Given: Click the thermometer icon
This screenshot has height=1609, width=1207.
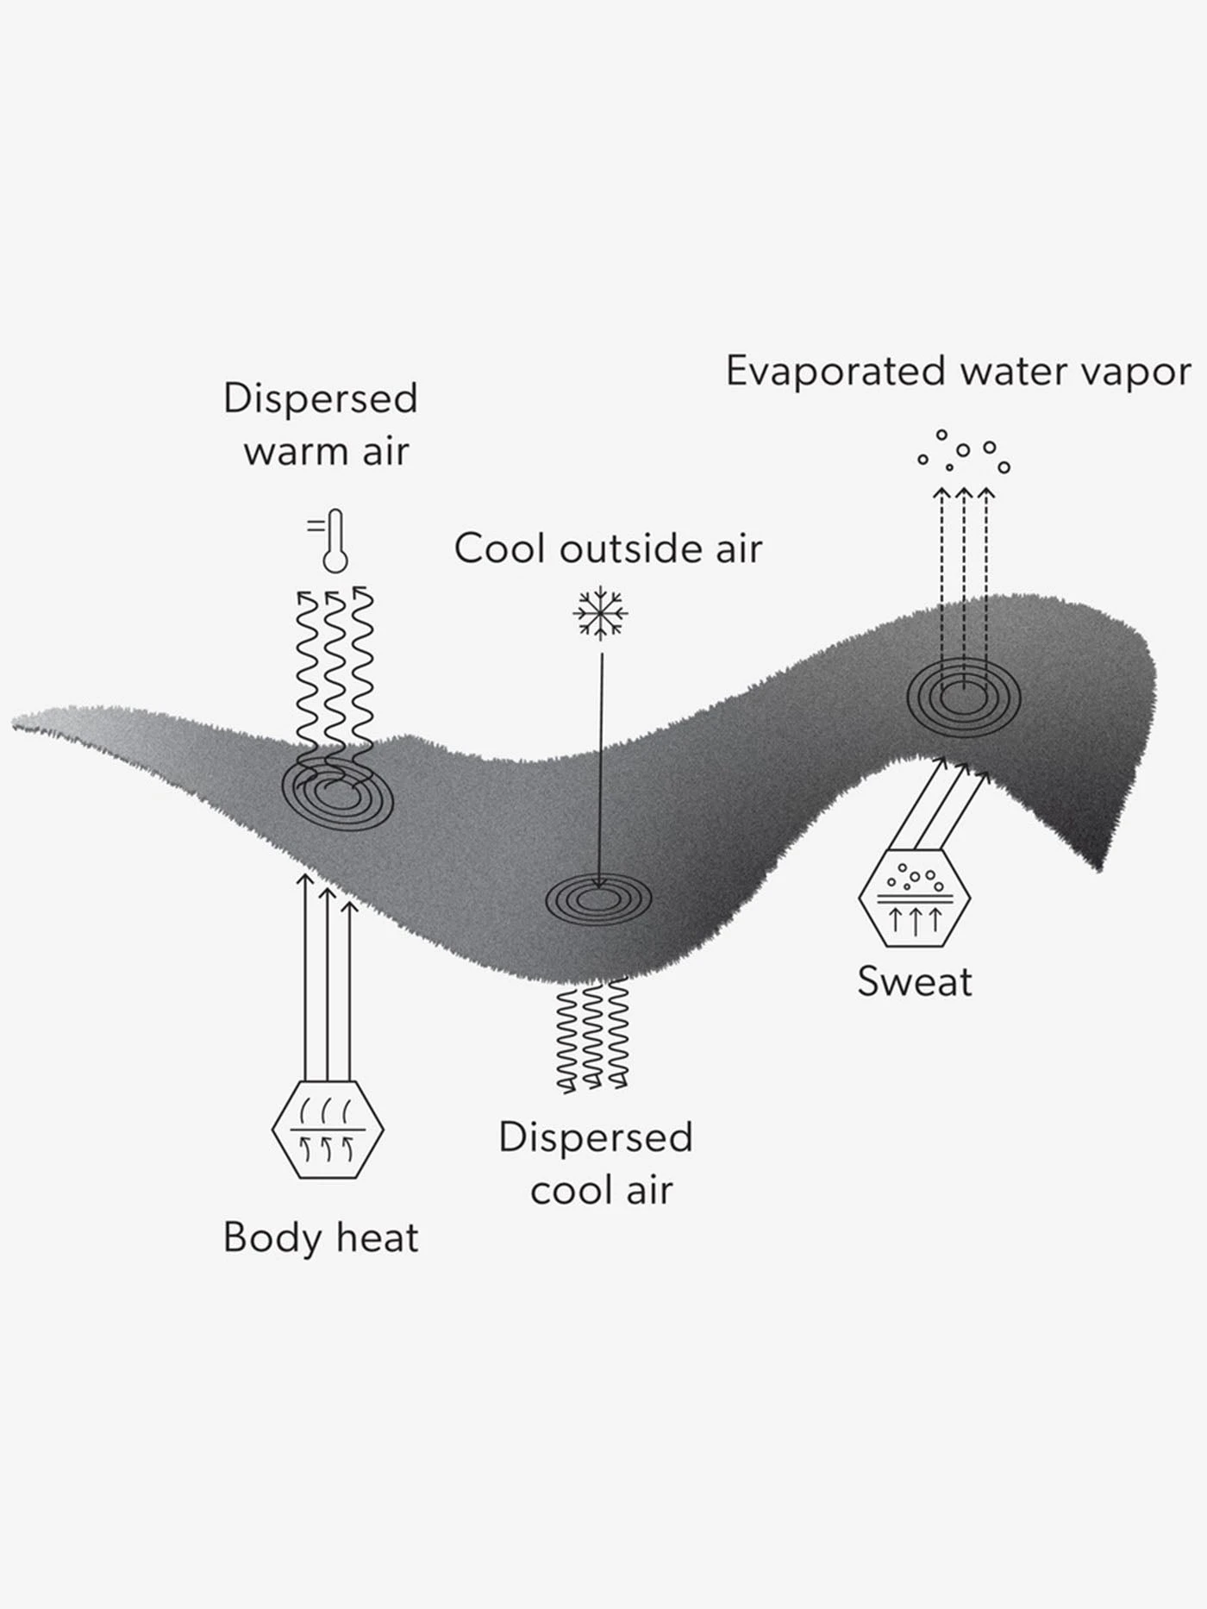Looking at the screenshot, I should tap(333, 541).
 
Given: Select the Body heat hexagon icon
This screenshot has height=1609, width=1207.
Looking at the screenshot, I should tap(328, 1129).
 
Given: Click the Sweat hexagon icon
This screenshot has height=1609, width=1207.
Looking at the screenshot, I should tap(915, 898).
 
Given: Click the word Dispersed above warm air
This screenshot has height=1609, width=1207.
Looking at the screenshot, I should tap(320, 398).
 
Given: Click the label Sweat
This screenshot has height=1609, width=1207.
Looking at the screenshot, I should tap(915, 981).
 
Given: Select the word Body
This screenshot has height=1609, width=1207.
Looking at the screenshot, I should tap(272, 1238).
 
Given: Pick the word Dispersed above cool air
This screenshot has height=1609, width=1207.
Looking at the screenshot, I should tap(596, 1137).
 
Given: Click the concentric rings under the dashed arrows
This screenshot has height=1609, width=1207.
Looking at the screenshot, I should tap(963, 698).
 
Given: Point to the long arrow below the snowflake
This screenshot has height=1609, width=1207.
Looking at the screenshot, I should tap(601, 767).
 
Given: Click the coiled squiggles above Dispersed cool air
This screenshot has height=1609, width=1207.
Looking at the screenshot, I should tap(592, 1036).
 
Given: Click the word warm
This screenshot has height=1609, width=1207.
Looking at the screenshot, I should tap(291, 451).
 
